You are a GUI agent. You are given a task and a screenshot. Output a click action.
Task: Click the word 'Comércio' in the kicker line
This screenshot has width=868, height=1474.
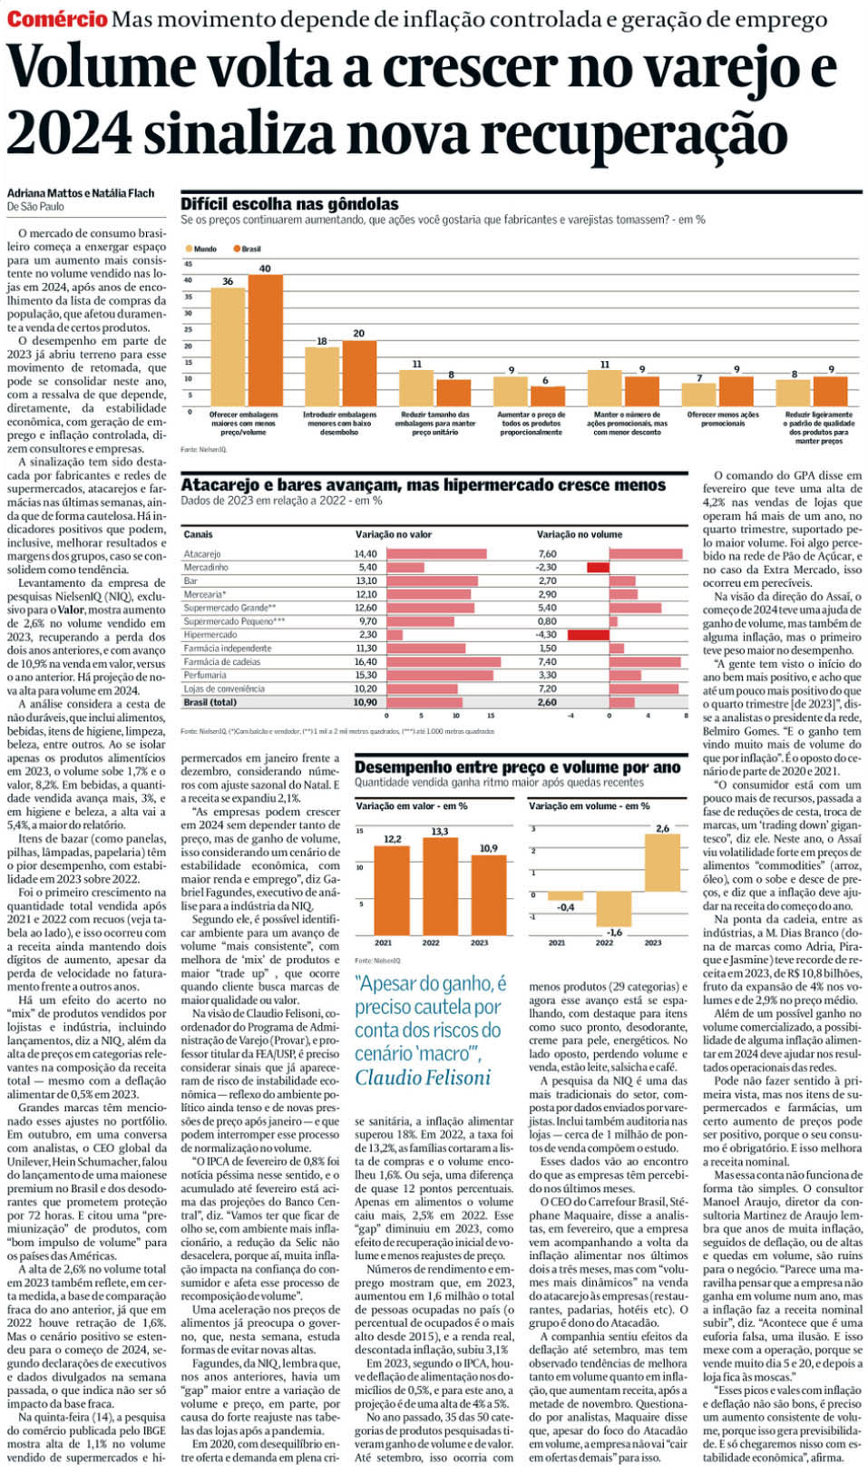(x=57, y=19)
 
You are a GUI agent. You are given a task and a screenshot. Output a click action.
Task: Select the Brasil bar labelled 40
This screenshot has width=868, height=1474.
(x=265, y=340)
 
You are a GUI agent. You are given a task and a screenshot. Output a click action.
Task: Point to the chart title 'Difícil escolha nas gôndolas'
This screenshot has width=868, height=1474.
(x=289, y=204)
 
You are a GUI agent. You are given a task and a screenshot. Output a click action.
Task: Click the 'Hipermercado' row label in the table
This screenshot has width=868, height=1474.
(x=210, y=635)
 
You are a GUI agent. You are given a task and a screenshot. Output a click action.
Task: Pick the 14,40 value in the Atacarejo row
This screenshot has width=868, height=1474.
(x=366, y=553)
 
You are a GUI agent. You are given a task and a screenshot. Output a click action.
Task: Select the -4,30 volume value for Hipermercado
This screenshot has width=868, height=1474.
(x=547, y=635)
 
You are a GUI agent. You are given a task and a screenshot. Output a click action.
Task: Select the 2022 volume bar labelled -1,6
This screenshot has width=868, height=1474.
(x=614, y=909)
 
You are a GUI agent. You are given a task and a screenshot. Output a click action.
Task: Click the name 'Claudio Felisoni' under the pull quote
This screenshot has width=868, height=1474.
(x=422, y=1078)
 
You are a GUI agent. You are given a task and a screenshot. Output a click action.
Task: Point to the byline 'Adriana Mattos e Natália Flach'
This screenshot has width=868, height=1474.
(x=81, y=192)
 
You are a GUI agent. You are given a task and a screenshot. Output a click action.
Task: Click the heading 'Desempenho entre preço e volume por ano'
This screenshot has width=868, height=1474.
(x=517, y=767)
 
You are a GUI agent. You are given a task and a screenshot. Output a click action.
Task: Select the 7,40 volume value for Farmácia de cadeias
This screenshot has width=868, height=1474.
(x=547, y=661)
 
